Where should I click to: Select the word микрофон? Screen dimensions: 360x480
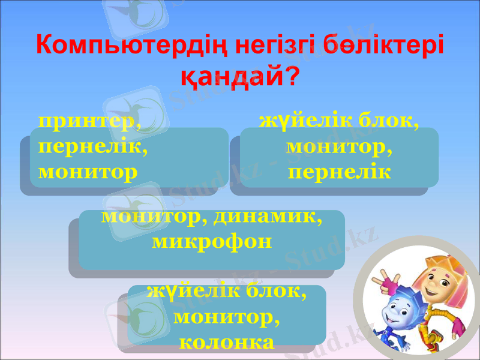tap(212, 242)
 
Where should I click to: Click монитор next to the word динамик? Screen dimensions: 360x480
tap(150, 218)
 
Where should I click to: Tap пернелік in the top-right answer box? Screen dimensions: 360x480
tap(340, 172)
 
